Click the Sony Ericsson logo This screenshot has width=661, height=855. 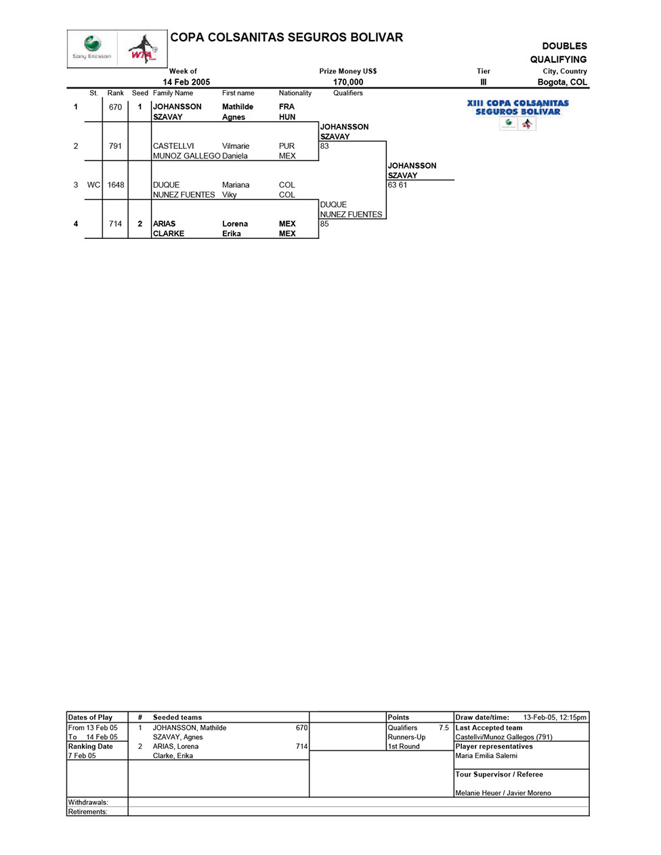click(92, 48)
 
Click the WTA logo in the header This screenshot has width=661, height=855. click(143, 49)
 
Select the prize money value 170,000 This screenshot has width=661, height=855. click(348, 82)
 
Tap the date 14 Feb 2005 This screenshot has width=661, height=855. click(186, 82)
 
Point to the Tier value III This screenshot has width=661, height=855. click(483, 82)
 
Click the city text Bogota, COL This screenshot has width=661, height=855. click(562, 82)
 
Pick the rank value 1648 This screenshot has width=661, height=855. click(116, 185)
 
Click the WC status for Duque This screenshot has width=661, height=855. click(93, 185)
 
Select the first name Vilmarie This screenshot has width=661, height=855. click(236, 146)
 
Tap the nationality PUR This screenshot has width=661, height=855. click(287, 146)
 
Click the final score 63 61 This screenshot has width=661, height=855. click(398, 185)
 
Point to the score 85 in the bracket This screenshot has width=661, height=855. click(324, 224)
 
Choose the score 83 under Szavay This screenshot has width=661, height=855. click(324, 146)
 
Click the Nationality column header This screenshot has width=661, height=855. click(295, 93)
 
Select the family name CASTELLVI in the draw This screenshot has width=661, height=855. click(173, 146)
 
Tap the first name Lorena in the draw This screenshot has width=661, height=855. click(235, 224)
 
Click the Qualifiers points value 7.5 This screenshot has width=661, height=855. click(444, 728)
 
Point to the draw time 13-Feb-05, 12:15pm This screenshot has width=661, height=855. click(555, 718)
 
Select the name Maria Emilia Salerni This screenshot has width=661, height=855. click(486, 755)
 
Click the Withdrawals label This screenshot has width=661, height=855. click(88, 802)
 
